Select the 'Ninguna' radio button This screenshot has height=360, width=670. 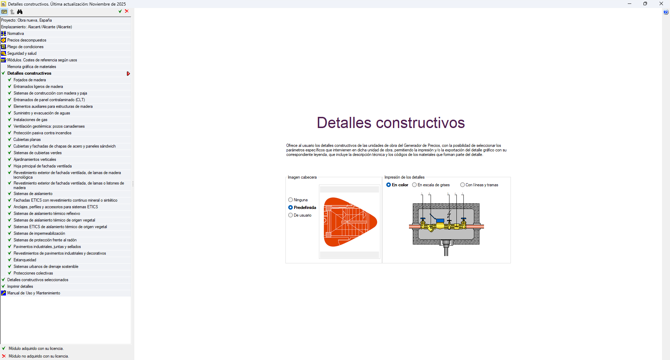coord(290,200)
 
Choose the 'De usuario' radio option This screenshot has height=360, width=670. coord(290,215)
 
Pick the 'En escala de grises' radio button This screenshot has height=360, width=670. coord(415,185)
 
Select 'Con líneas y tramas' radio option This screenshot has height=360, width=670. coord(462,185)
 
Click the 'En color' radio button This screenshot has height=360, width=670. coord(388,185)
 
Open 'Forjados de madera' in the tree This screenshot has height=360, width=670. coord(30,80)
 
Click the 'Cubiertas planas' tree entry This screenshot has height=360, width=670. coord(27,140)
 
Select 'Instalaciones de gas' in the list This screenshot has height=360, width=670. coord(30,120)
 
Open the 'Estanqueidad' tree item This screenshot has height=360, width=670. coord(25,260)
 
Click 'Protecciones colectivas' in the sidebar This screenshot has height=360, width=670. coord(33,273)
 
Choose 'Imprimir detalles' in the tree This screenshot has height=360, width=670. coord(20,286)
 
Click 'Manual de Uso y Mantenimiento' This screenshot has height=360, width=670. coord(34,293)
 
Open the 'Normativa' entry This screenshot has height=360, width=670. coord(16,33)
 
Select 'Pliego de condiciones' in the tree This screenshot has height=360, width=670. coord(25,47)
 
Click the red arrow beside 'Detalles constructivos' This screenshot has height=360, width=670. coord(128,74)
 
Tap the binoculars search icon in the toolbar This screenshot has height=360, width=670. coord(20,12)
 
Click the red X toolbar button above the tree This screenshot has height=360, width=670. coord(127,11)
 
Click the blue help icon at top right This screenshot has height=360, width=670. coord(666,12)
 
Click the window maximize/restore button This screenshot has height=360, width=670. coord(645,4)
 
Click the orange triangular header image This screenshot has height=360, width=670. coord(350,222)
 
